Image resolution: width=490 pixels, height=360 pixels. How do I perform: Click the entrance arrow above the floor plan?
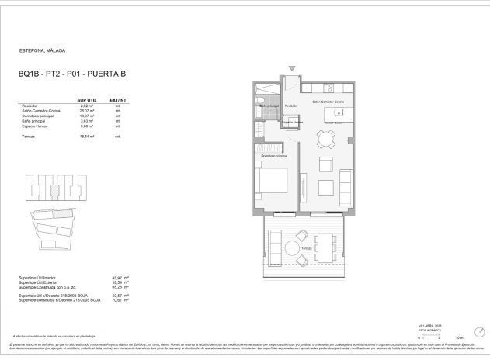point(292,68)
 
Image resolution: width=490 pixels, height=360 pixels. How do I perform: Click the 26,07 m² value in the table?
point(87,111)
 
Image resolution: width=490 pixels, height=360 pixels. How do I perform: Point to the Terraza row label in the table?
point(30,136)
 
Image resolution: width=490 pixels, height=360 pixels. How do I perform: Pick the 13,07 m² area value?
point(87,116)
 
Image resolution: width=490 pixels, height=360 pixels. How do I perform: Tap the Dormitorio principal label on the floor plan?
point(275,155)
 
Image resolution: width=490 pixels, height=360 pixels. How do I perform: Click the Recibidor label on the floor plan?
point(292,106)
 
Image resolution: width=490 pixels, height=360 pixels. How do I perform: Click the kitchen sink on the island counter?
point(339,114)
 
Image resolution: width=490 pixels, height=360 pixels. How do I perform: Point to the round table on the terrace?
point(292,249)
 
